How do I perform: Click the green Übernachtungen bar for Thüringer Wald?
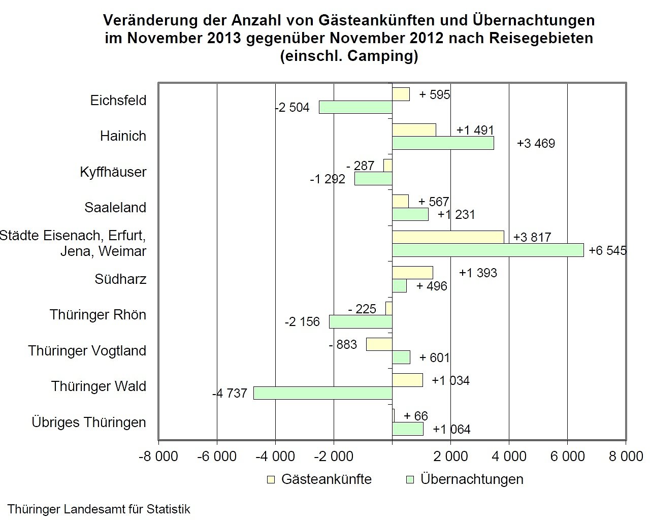pyautogui.click(x=322, y=393)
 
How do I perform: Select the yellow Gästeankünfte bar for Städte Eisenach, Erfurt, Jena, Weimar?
pyautogui.click(x=448, y=237)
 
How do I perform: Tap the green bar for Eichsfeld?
pyautogui.click(x=355, y=107)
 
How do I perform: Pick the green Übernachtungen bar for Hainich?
pyautogui.click(x=443, y=143)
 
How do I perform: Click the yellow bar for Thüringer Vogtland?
pyautogui.click(x=379, y=344)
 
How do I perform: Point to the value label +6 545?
pyautogui.click(x=607, y=250)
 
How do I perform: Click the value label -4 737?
pyautogui.click(x=230, y=393)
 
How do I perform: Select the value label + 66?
pyautogui.click(x=416, y=416)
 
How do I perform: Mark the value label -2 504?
pyautogui.click(x=292, y=108)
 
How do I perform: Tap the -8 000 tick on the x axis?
pyautogui.click(x=158, y=457)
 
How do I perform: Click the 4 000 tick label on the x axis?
pyautogui.click(x=509, y=457)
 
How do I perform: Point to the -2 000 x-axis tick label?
pyautogui.click(x=334, y=457)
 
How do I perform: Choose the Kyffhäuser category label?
pyautogui.click(x=113, y=172)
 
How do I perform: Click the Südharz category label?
pyautogui.click(x=120, y=279)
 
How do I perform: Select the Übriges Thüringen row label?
pyautogui.click(x=89, y=422)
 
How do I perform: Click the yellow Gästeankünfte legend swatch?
pyautogui.click(x=270, y=479)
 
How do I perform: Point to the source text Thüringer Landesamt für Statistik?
pyautogui.click(x=99, y=509)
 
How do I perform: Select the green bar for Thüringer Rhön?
pyautogui.click(x=361, y=321)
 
